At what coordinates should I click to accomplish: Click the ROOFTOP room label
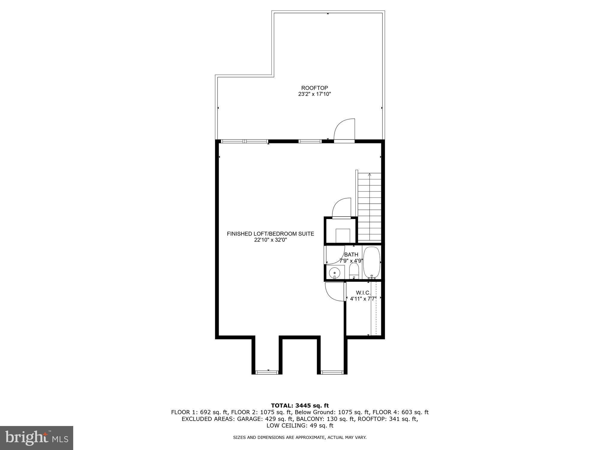click(x=314, y=88)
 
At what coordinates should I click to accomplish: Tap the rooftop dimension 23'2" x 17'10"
click(x=314, y=94)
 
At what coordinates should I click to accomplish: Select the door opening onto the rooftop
click(x=345, y=130)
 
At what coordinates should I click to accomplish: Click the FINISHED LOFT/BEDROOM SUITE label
click(x=270, y=234)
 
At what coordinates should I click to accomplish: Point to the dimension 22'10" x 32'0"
click(x=270, y=240)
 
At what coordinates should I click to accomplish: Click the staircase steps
click(x=369, y=210)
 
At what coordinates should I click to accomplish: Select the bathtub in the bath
click(x=372, y=263)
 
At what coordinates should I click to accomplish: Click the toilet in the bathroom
click(x=354, y=271)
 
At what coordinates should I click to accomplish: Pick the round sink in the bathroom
click(x=334, y=273)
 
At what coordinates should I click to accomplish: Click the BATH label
click(x=351, y=255)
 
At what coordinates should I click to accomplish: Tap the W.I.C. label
click(x=363, y=292)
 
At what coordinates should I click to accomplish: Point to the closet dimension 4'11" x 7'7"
click(x=363, y=299)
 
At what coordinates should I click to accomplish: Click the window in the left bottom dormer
click(x=267, y=372)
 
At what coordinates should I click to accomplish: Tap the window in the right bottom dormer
click(x=332, y=372)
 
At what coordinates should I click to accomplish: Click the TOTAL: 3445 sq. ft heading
click(x=300, y=406)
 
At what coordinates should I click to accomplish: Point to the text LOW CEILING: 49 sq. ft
click(x=300, y=425)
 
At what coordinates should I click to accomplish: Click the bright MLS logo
click(x=37, y=438)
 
